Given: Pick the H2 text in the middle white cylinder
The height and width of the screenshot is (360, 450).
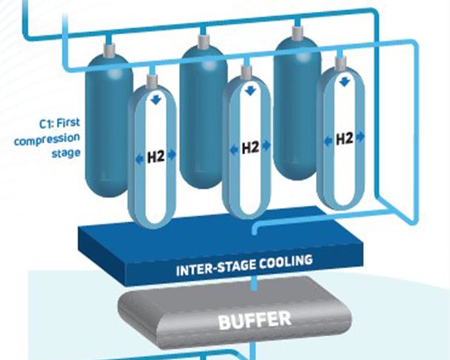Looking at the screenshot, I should pyautogui.click(x=250, y=147).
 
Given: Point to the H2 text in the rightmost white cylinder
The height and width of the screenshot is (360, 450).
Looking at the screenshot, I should pyautogui.click(x=344, y=139).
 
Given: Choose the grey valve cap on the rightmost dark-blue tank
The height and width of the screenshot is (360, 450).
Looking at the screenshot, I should pyautogui.click(x=297, y=30).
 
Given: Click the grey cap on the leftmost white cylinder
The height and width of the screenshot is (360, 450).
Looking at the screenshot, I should pyautogui.click(x=153, y=80).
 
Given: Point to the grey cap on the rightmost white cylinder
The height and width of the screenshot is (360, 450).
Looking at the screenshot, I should pyautogui.click(x=340, y=63).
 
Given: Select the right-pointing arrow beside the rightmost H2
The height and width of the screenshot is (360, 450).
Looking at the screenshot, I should pyautogui.click(x=361, y=138).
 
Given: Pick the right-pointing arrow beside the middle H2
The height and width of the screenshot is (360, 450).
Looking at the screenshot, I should pyautogui.click(x=267, y=147).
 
